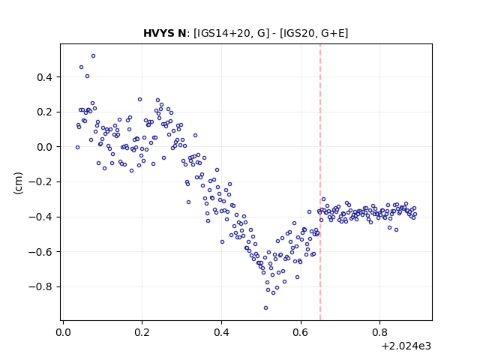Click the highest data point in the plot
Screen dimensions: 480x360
[93, 55]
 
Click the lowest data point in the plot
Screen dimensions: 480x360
[265, 307]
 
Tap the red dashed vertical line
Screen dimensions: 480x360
[320, 182]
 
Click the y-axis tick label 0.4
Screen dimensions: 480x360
[44, 77]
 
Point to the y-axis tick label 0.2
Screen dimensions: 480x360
[44, 112]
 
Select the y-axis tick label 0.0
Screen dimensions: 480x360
[44, 147]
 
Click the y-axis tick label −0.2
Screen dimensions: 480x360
[40, 181]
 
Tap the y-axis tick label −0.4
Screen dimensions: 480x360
[40, 217]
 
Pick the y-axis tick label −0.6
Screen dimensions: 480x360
[40, 252]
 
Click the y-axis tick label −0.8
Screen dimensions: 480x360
[40, 286]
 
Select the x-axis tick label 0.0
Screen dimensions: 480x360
[63, 332]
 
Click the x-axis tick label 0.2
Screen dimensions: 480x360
[142, 332]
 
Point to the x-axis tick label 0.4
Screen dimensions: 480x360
[222, 332]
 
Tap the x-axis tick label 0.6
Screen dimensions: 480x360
[301, 332]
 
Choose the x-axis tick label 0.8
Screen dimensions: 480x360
[380, 332]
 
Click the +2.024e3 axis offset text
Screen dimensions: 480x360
[406, 346]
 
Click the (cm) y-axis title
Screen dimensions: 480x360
[18, 183]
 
